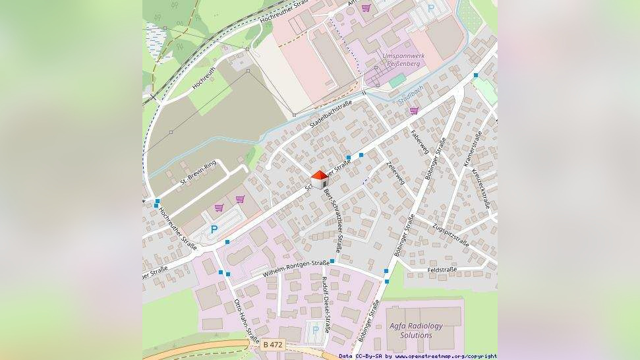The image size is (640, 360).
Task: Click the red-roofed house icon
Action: point(320,179)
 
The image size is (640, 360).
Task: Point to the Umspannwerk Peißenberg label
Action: point(404,60)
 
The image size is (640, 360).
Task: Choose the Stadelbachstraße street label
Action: point(330,116)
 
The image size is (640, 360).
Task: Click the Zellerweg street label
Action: point(395,172)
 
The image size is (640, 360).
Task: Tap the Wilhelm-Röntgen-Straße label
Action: point(296,268)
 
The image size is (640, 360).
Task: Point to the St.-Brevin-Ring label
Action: point(198,173)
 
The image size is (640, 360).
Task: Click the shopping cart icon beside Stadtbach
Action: point(414,111)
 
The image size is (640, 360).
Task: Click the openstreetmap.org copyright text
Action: point(418,356)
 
